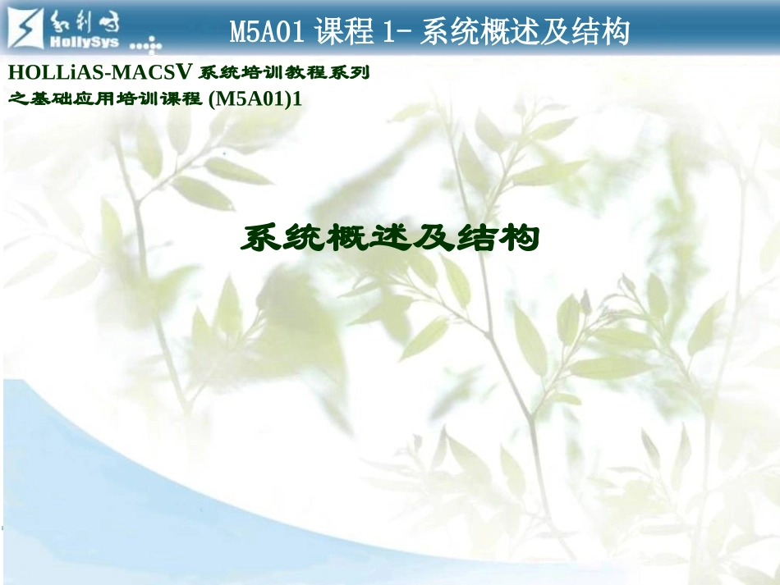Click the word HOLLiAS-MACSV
click(x=102, y=72)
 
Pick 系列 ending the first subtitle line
click(x=352, y=73)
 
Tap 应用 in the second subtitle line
click(x=88, y=99)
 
